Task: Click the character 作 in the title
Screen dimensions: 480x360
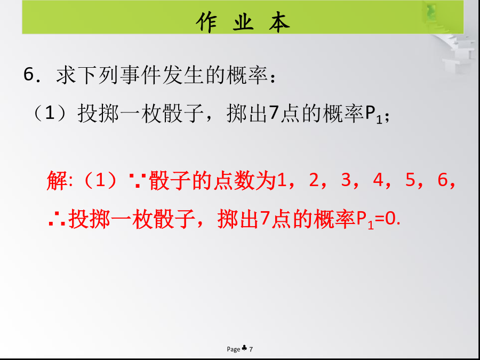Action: point(206,22)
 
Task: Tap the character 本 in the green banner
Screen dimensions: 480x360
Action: point(279,22)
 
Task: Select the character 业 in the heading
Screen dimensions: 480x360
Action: point(243,22)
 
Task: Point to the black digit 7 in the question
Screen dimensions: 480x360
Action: point(274,114)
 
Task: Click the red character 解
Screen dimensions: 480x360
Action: point(57,181)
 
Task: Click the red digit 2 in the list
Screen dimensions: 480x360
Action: point(314,180)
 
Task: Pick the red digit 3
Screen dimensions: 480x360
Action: point(346,180)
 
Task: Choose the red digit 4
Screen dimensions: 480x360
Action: point(378,180)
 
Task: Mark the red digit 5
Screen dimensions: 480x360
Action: point(410,180)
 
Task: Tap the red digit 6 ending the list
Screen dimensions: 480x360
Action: point(442,180)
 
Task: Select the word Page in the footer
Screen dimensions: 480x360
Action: point(233,349)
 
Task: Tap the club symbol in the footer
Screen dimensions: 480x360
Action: point(244,348)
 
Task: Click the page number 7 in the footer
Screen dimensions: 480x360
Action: point(251,349)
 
